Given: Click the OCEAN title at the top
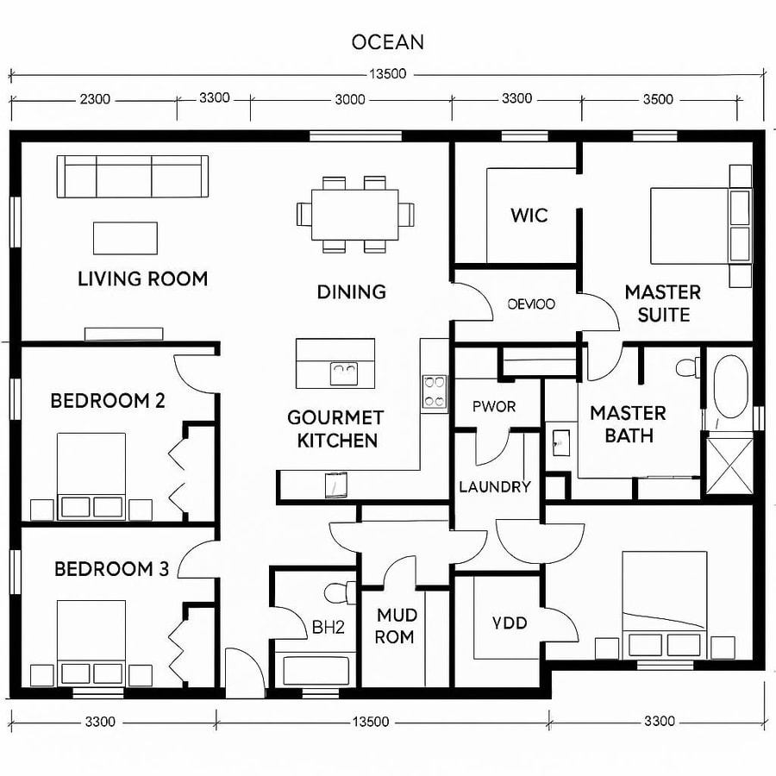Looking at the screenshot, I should point(387,41).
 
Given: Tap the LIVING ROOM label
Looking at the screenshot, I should point(142,279).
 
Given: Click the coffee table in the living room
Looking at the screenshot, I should point(126,238).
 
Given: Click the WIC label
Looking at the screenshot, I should point(529,215).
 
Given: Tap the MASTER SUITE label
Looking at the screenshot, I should point(662,304).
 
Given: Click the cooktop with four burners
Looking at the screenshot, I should point(435,391).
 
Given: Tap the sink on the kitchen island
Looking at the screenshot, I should point(345,373).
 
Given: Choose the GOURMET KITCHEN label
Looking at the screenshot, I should point(335,429).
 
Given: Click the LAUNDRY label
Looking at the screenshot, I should point(494,487).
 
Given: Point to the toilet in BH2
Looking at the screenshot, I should point(339,592).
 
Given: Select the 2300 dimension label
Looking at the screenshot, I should point(94,99).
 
